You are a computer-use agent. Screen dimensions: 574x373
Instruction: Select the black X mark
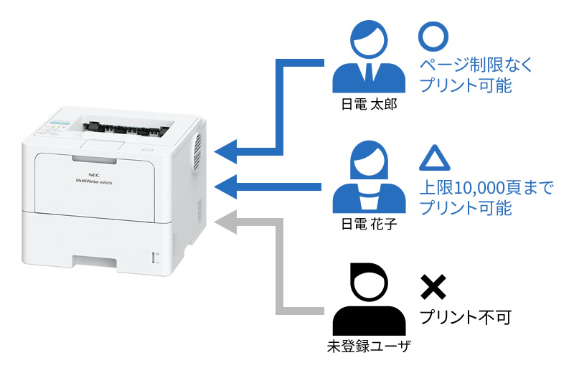[x=433, y=287]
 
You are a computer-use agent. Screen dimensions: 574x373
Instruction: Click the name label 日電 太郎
[x=369, y=105]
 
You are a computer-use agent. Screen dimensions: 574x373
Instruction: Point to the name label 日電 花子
[x=369, y=224]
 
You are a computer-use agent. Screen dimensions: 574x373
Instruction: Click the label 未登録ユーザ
[x=369, y=346]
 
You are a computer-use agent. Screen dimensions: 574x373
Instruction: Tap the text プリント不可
[x=465, y=317]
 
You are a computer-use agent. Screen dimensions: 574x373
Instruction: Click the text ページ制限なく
[x=476, y=65]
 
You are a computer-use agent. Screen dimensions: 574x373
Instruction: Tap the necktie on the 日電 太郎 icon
[x=369, y=72]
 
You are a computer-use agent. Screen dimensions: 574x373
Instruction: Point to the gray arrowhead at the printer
[x=225, y=222]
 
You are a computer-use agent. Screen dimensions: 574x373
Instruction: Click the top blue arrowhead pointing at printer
[x=225, y=151]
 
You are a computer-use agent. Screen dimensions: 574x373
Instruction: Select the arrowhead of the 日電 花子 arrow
[x=225, y=186]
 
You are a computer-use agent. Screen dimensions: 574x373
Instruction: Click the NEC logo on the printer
[x=94, y=175]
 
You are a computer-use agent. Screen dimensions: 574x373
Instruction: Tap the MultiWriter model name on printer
[x=94, y=181]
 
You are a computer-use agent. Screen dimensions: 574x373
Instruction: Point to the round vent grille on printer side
[x=197, y=152]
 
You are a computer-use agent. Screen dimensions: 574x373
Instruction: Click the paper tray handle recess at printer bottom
[x=95, y=263]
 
